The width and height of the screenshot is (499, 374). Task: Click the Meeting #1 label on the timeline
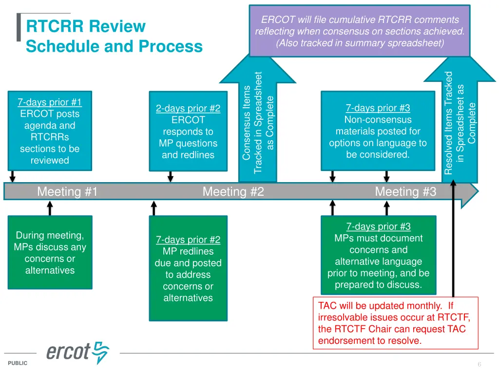(x=67, y=191)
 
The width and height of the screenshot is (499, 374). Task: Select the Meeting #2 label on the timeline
(x=233, y=191)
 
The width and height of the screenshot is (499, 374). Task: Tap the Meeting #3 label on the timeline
(x=405, y=191)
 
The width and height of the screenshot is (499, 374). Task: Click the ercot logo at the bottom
(x=78, y=353)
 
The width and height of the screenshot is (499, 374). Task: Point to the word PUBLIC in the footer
(x=18, y=363)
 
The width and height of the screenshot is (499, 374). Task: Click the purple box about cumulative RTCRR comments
(x=360, y=31)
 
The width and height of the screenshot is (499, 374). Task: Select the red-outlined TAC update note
(x=396, y=323)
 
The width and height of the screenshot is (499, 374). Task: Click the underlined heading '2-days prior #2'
(x=188, y=109)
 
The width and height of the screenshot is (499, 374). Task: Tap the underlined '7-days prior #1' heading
(x=50, y=102)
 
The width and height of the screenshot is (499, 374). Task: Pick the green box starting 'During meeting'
(x=50, y=253)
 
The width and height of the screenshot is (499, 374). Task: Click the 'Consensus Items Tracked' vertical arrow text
(x=258, y=122)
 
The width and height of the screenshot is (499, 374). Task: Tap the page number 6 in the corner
(x=480, y=364)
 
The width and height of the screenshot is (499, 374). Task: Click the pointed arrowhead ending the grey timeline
(x=470, y=191)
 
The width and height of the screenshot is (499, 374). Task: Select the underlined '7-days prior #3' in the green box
(x=378, y=226)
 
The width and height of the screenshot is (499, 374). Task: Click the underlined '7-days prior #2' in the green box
(x=188, y=240)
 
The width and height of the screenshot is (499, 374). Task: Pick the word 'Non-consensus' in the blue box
(x=378, y=120)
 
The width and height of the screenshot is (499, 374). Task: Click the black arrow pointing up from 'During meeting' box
(x=50, y=208)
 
